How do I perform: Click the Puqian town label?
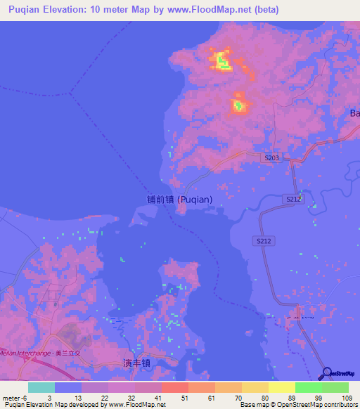click(179, 199)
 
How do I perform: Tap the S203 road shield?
click(273, 158)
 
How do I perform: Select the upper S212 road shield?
click(294, 200)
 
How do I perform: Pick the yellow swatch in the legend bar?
click(282, 387)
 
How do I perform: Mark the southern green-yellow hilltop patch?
click(239, 106)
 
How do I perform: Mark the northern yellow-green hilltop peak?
click(222, 61)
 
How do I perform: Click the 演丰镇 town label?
click(138, 363)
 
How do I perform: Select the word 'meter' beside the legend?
click(11, 398)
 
